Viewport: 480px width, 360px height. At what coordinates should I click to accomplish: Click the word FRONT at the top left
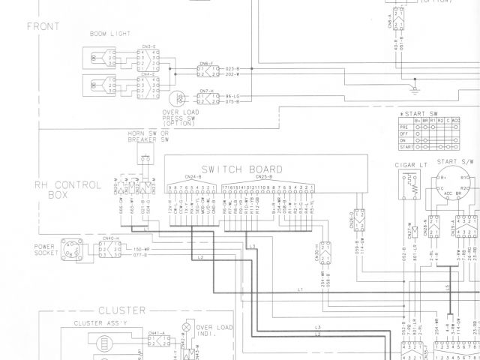pyautogui.click(x=43, y=27)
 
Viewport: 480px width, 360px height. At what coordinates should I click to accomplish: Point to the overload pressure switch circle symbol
pyautogui.click(x=178, y=98)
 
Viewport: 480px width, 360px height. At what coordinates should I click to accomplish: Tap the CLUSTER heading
pyautogui.click(x=119, y=310)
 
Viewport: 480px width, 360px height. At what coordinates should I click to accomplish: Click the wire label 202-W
pyautogui.click(x=232, y=74)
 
